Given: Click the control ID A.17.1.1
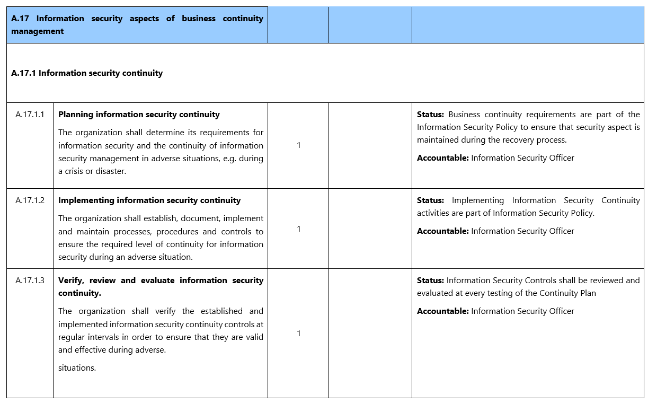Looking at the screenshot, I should pos(30,115).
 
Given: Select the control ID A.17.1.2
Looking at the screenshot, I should pos(30,200).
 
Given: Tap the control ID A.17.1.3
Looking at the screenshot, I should pos(30,281).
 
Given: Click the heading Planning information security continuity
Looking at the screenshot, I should pos(139,115).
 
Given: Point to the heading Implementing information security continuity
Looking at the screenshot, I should pos(149,200).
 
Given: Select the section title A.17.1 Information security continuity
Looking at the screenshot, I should pos(87,73).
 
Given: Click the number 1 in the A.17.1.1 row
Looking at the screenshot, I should pos(298,145).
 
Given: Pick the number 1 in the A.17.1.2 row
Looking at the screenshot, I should pos(298,229).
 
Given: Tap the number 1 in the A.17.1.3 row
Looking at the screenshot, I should pos(298,334).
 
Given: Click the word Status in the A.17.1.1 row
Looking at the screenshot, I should pos(430,115).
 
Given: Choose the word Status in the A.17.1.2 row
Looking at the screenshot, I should pos(430,200).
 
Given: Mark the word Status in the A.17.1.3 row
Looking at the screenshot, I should pos(430,281).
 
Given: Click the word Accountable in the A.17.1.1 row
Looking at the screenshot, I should pos(442,158).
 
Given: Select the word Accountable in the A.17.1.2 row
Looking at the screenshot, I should pos(442,231).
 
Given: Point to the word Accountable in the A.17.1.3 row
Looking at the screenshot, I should pos(442,311).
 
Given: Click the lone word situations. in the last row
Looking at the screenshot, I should pos(77,368).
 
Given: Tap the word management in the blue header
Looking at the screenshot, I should pos(37,31).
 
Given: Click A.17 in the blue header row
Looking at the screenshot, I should pos(20,19).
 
